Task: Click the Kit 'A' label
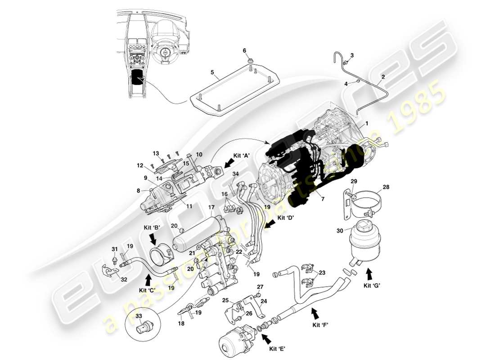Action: point(241,155)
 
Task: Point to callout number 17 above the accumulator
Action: point(211,207)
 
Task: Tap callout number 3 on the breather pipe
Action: point(352,55)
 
